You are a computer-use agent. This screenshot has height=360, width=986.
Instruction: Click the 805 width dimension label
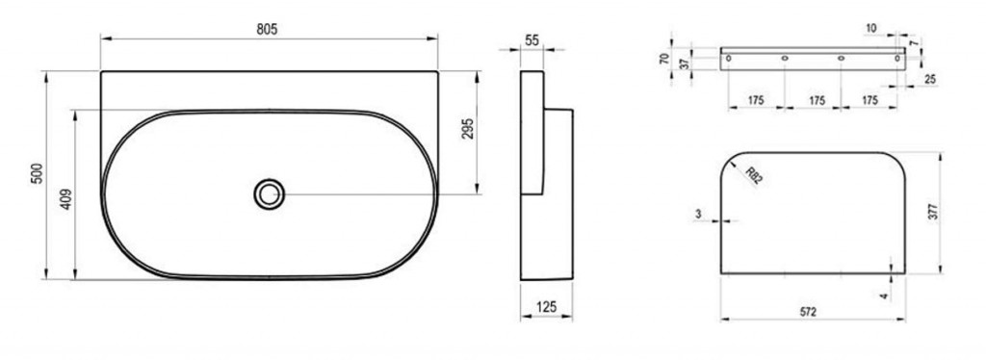pyautogui.click(x=267, y=29)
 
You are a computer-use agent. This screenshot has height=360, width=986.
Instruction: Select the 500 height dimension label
pyautogui.click(x=38, y=173)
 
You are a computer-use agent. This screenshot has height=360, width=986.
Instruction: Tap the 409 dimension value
pyautogui.click(x=66, y=199)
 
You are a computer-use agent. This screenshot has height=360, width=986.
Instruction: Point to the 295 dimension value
pyautogui.click(x=468, y=129)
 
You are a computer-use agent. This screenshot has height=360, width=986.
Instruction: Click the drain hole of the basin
pyautogui.click(x=270, y=194)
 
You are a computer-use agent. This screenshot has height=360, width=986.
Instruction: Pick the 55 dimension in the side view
pyautogui.click(x=532, y=40)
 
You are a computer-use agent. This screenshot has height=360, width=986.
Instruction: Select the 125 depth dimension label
pyautogui.click(x=546, y=307)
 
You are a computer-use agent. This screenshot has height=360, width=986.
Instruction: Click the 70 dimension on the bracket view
pyautogui.click(x=664, y=59)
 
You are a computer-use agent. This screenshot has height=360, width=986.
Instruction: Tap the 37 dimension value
pyautogui.click(x=685, y=63)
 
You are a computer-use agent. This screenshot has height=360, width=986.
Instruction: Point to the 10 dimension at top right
pyautogui.click(x=870, y=28)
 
